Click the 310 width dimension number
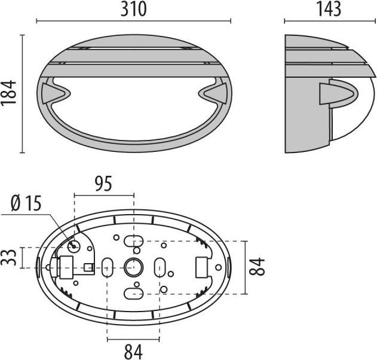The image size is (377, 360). coord(134,9)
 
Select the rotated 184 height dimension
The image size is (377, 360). coord(10,94)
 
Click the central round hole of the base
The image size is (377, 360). coord(133,267)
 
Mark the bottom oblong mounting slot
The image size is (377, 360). coord(133,292)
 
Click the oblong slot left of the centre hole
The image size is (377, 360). coord(108,267)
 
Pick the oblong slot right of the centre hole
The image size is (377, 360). coord(160,267)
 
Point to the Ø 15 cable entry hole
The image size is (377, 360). coord(74,246)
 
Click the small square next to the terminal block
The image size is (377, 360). coord(88,267)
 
